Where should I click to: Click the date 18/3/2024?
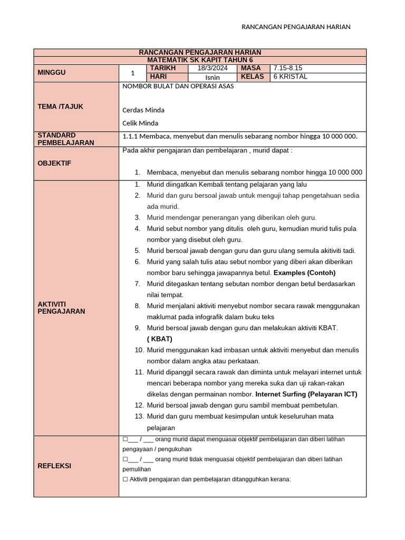(213, 69)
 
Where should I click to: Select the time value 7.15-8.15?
(287, 69)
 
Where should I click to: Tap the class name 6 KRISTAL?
(290, 77)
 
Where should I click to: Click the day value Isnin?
(213, 78)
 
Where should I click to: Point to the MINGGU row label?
(52, 73)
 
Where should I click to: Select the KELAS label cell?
(252, 77)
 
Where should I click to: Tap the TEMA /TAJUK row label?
(61, 107)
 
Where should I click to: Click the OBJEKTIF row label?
(54, 163)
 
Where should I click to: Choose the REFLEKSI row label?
(54, 466)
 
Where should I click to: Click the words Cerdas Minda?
(143, 110)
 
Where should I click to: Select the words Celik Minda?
(140, 123)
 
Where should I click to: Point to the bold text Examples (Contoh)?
(304, 273)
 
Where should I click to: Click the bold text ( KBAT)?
(160, 339)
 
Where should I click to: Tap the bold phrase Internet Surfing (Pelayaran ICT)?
(306, 394)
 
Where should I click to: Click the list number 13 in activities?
(139, 417)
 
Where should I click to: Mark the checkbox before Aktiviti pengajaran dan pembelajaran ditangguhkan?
(125, 479)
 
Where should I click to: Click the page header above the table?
(295, 27)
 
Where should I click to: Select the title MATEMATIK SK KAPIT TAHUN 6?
(200, 61)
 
